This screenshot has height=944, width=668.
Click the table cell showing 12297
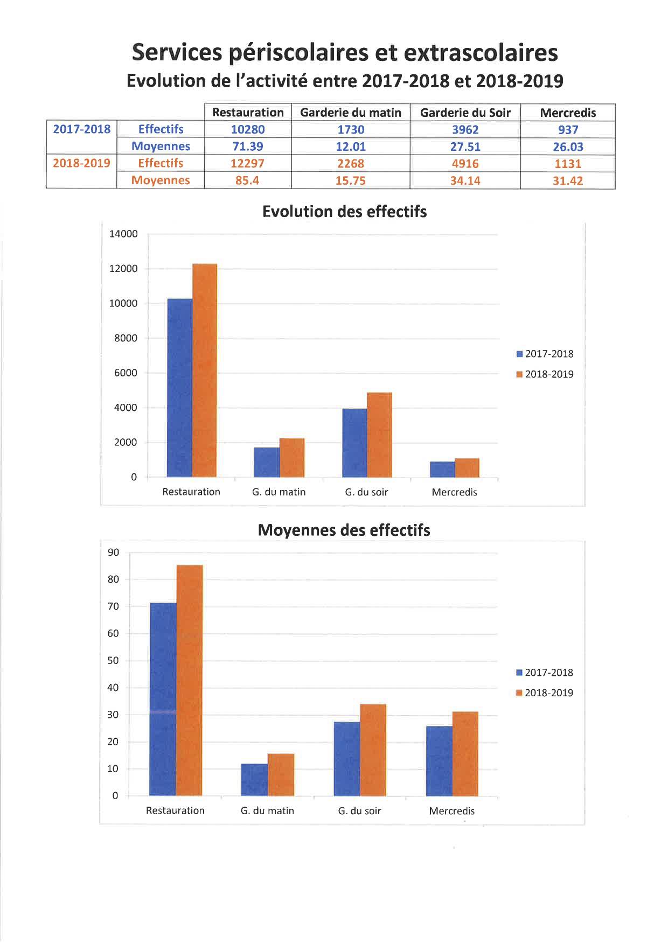247,163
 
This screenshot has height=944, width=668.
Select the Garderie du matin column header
350,113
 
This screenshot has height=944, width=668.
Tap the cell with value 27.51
465,146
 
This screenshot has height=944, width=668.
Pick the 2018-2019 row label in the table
81,163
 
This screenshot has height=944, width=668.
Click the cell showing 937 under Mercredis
568,130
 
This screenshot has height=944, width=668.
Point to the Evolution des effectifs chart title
344,212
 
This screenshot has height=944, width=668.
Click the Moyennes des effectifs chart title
344,530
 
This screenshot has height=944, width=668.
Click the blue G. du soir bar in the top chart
354,443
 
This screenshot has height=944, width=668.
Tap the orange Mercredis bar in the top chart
467,467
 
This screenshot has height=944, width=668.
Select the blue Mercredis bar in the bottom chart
439,760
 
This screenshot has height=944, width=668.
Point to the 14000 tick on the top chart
123,234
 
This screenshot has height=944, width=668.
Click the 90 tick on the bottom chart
114,552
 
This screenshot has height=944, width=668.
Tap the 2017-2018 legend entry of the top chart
545,354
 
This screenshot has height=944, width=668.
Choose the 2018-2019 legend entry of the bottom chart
545,693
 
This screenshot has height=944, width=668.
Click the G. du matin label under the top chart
279,492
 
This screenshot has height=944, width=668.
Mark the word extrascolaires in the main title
481,53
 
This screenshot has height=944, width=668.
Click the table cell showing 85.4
247,180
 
